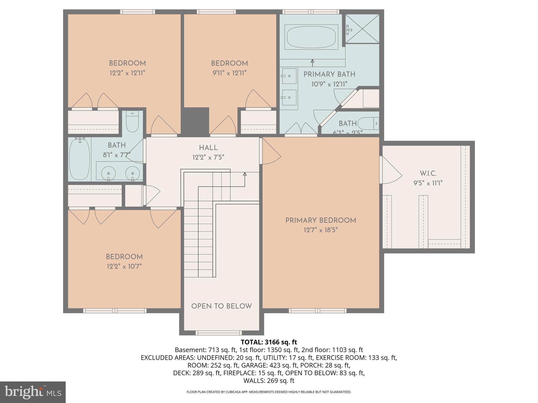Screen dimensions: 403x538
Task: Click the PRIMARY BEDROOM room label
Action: pyautogui.click(x=320, y=220)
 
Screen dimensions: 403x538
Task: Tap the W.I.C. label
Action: pyautogui.click(x=428, y=173)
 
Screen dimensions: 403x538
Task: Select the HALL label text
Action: pyautogui.click(x=208, y=148)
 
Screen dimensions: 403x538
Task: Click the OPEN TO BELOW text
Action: pyautogui.click(x=221, y=306)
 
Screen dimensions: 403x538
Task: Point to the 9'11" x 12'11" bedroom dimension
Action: pyautogui.click(x=229, y=73)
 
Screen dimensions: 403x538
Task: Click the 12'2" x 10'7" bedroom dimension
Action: pyautogui.click(x=124, y=267)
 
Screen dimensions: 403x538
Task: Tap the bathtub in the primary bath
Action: pyautogui.click(x=311, y=37)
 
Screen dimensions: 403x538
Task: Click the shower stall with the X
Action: pyautogui.click(x=362, y=29)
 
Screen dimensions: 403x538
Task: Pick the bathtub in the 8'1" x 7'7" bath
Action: pyautogui.click(x=79, y=160)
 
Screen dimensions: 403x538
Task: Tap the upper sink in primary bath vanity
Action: pyautogui.click(x=289, y=76)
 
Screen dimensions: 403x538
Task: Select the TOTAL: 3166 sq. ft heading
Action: pyautogui.click(x=269, y=342)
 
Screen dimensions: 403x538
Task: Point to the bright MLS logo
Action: pyautogui.click(x=33, y=392)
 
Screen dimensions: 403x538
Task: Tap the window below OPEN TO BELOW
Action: pyautogui.click(x=219, y=333)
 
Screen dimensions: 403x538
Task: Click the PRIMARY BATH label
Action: pyautogui.click(x=329, y=75)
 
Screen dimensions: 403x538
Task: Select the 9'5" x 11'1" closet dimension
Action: pyautogui.click(x=428, y=183)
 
